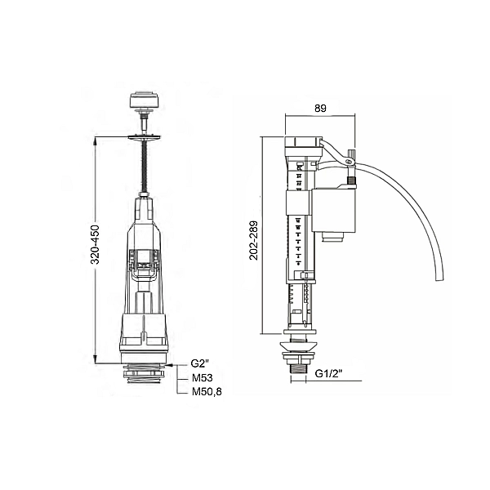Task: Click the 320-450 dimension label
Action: pos(96,244)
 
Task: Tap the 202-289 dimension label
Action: pos(254,240)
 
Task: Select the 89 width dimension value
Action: pos(320,108)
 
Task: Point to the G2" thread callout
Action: pos(200,363)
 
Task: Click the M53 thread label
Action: pos(203,378)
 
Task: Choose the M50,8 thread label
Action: pos(207,391)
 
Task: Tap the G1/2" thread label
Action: pos(328,373)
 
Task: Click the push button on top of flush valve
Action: pos(144,100)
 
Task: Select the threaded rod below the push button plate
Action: pos(144,166)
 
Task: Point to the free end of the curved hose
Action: pos(440,278)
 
